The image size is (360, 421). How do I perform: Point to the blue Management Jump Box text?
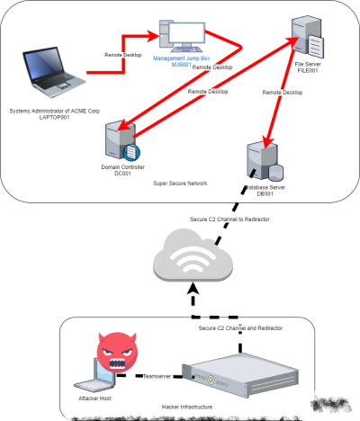176,61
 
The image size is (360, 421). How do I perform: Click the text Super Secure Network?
180,183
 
